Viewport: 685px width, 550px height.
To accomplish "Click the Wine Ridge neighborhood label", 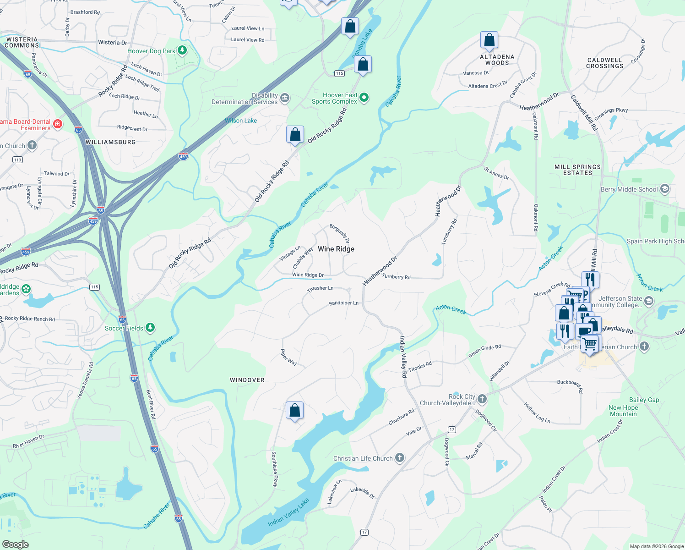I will (336, 249).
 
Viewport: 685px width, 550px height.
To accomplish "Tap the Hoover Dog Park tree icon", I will (182, 50).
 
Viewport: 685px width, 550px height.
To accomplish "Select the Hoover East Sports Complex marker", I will (364, 97).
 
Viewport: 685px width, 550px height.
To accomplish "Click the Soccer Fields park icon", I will (150, 328).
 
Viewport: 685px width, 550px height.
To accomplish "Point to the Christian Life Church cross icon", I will (400, 458).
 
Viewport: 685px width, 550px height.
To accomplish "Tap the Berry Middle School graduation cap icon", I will (665, 189).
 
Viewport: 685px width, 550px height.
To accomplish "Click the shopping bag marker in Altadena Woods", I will (489, 40).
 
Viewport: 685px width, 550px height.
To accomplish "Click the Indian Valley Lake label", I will (288, 512).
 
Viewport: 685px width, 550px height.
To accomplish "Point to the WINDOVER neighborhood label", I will (247, 380).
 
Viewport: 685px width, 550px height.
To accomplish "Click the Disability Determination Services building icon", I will (285, 98).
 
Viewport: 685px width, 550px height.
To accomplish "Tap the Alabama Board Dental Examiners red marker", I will (58, 124).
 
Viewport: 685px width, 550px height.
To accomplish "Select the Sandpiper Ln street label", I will (343, 303).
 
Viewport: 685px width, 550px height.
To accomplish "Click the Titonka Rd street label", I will (420, 367).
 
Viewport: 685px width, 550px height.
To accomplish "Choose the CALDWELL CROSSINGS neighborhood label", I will (604, 63).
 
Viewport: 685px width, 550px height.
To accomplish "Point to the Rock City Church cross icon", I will (482, 399).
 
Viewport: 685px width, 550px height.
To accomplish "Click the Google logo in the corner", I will (16, 544).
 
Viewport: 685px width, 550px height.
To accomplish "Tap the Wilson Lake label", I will (241, 121).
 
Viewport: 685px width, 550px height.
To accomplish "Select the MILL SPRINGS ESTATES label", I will (577, 170).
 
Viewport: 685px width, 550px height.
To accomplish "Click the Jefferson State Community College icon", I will (648, 301).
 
